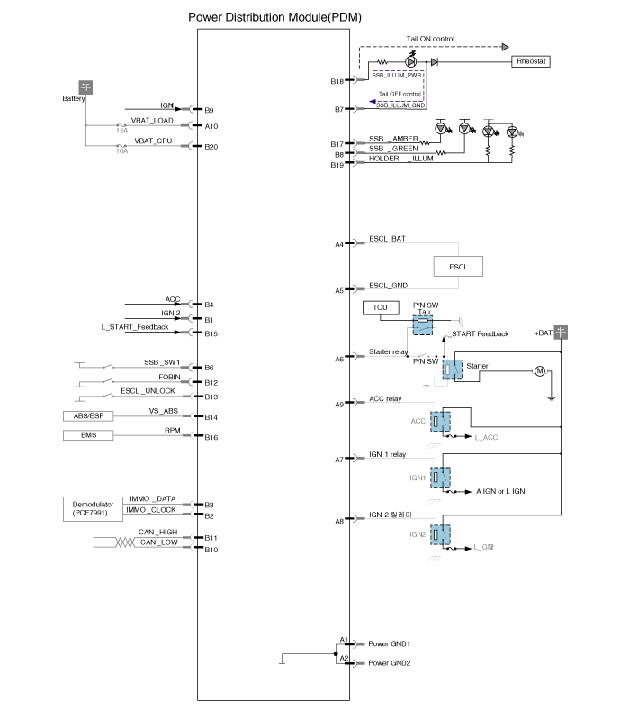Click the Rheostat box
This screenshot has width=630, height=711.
pyautogui.click(x=531, y=61)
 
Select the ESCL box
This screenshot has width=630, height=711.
pyautogui.click(x=458, y=267)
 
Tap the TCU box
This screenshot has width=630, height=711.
pyautogui.click(x=381, y=307)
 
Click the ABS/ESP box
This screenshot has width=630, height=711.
pyautogui.click(x=88, y=415)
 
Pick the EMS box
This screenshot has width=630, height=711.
pyautogui.click(x=88, y=435)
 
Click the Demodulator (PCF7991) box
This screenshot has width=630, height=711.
pyautogui.click(x=93, y=509)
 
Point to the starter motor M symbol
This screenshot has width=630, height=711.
pyautogui.click(x=540, y=371)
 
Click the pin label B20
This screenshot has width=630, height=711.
pyautogui.click(x=211, y=147)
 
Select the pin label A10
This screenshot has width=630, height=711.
pyautogui.click(x=211, y=126)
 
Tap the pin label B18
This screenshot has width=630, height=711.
pyautogui.click(x=337, y=82)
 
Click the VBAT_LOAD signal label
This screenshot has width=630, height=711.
pyautogui.click(x=152, y=121)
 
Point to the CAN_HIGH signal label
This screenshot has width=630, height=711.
pyautogui.click(x=158, y=532)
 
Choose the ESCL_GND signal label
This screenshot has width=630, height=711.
pyautogui.click(x=388, y=286)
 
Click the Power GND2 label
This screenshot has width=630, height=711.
pyautogui.click(x=390, y=663)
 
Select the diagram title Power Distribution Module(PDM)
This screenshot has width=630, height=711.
pyautogui.click(x=274, y=17)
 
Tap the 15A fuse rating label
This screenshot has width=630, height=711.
pyautogui.click(x=121, y=131)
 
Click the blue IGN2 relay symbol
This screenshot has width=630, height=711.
pyautogui.click(x=440, y=535)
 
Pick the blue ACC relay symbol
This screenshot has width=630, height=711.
pyautogui.click(x=440, y=422)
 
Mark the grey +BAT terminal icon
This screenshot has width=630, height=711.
pyautogui.click(x=562, y=333)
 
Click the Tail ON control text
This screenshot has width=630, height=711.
pyautogui.click(x=430, y=39)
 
